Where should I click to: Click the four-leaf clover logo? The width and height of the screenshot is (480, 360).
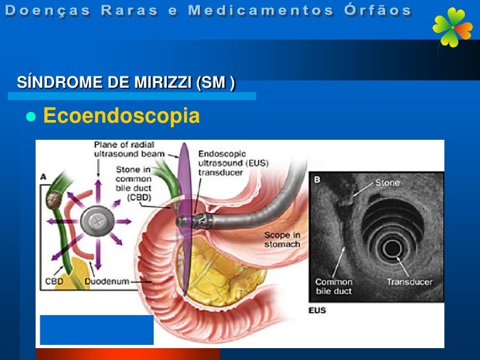tap(453, 28)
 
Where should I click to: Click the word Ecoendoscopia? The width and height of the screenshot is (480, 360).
tap(121, 116)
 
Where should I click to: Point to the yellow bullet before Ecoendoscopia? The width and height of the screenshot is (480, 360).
tap(30, 117)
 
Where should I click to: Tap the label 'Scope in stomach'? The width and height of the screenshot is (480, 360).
tap(282, 239)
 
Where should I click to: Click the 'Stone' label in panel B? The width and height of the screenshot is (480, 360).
tap(387, 183)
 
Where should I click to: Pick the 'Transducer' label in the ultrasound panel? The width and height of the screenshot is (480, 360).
tap(409, 282)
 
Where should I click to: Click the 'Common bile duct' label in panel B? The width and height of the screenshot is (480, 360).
tap(334, 286)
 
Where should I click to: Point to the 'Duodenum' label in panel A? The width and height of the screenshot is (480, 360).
tap(109, 280)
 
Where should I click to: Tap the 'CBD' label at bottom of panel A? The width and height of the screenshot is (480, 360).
tap(54, 280)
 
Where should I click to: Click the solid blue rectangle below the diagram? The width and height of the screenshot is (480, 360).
tap(97, 330)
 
